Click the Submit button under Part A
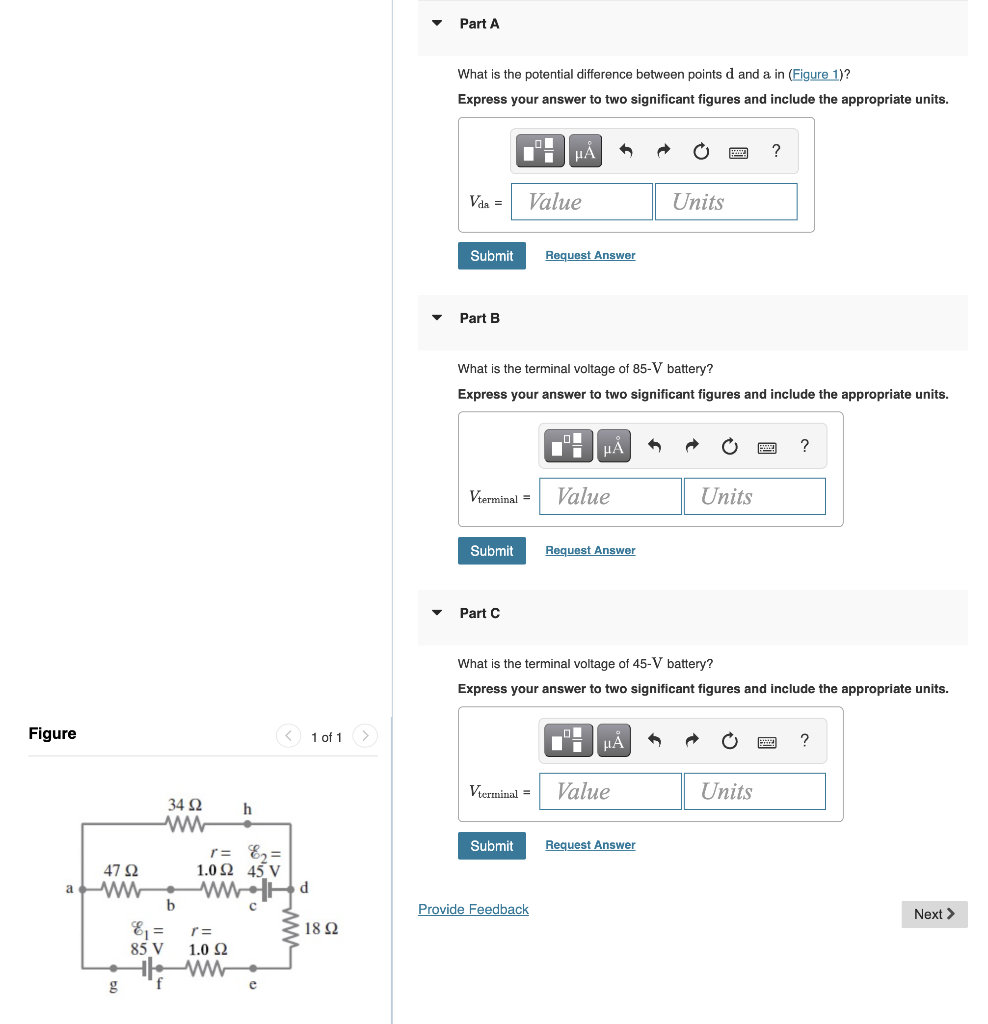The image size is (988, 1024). click(x=491, y=256)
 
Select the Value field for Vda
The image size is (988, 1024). click(x=581, y=202)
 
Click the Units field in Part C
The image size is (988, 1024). click(x=754, y=791)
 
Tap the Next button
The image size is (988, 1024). click(x=934, y=914)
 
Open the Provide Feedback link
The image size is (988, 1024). click(x=473, y=909)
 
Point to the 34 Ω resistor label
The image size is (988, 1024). click(x=185, y=805)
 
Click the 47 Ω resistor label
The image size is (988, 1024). click(x=122, y=871)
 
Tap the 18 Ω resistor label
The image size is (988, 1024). click(x=321, y=929)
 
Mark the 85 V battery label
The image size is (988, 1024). click(x=147, y=947)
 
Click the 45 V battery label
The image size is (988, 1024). click(x=263, y=870)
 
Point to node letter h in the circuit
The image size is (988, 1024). click(x=248, y=808)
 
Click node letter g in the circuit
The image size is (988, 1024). click(x=113, y=985)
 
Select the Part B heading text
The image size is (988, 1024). click(x=479, y=318)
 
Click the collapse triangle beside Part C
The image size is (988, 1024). click(x=436, y=613)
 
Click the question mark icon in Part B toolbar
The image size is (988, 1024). click(x=805, y=446)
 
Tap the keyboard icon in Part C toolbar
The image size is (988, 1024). click(x=767, y=742)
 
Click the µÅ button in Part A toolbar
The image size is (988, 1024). click(x=585, y=152)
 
